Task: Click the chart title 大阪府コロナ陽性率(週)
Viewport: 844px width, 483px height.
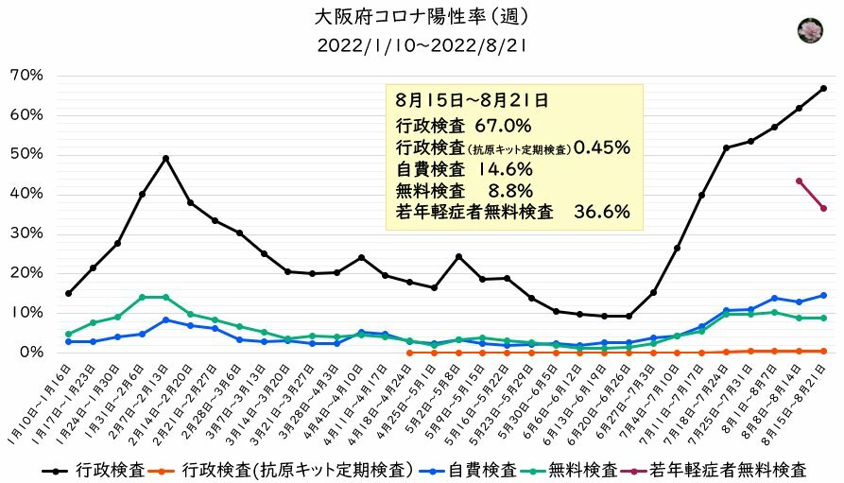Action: tap(421, 16)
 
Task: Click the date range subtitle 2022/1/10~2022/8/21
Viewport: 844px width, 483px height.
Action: tap(421, 44)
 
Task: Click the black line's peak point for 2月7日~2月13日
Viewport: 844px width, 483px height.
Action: tap(166, 158)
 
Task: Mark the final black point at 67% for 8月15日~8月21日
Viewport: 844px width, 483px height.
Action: tap(823, 89)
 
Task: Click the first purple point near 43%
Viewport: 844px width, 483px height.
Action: tap(799, 181)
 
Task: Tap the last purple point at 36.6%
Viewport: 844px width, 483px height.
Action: tap(823, 208)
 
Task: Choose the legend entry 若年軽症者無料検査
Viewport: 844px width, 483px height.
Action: tap(732, 468)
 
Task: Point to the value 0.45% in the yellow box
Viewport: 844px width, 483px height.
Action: tap(601, 147)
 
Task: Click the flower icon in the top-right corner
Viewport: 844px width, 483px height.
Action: tap(810, 30)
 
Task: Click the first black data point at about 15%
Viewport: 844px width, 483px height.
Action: tap(68, 293)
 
